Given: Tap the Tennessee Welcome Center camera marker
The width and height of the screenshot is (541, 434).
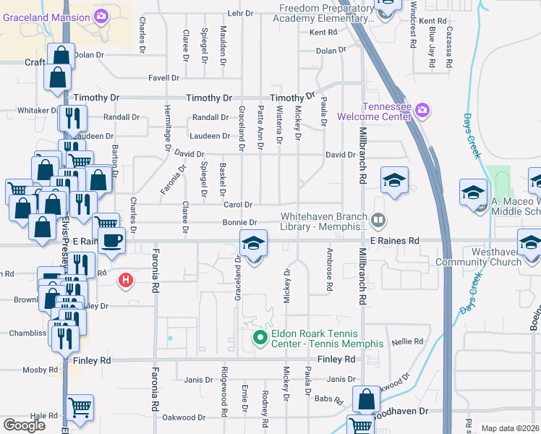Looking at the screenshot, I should coord(422,111).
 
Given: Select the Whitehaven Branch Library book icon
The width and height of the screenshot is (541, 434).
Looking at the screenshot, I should coord(377,219).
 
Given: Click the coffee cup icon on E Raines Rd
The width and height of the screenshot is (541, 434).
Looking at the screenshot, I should coord(111,241).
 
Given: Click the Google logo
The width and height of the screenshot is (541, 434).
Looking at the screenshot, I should coord(23,425).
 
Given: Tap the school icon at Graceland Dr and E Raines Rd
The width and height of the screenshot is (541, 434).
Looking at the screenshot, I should coord(253,244).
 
